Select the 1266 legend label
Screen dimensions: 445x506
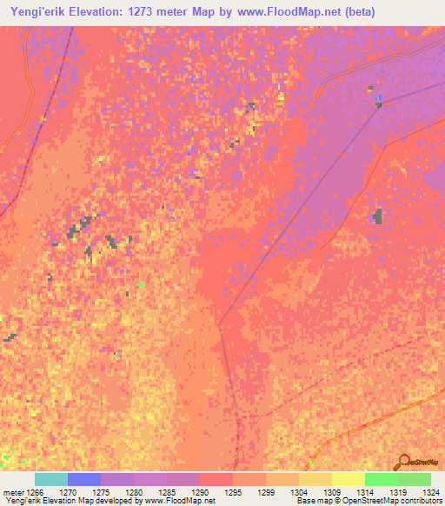click(31, 491)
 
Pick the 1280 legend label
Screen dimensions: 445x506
click(135, 491)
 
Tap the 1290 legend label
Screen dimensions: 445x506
click(201, 491)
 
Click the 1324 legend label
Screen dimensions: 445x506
click(430, 491)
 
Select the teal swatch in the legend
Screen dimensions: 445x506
click(51, 479)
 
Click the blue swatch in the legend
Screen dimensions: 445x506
click(84, 479)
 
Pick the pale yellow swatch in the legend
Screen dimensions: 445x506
click(349, 479)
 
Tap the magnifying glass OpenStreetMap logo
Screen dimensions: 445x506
click(402, 462)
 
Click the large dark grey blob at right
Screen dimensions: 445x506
click(378, 215)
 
